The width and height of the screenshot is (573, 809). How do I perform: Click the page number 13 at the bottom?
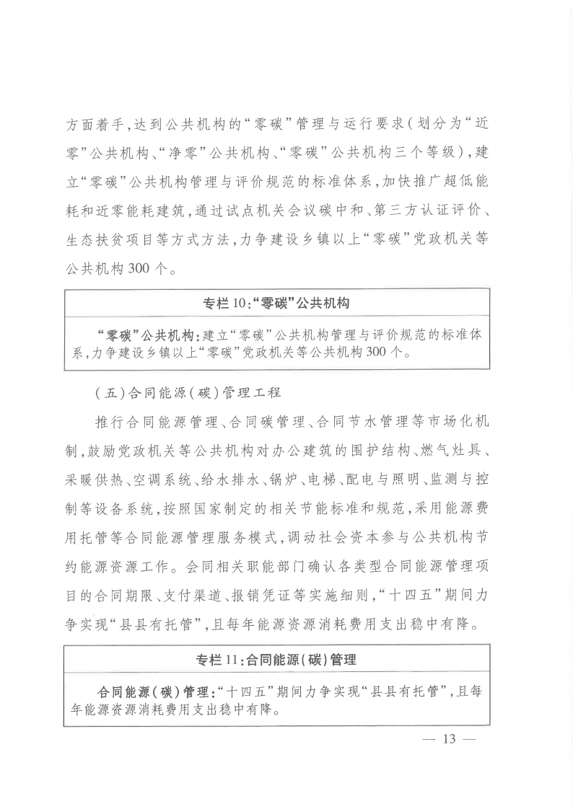451,738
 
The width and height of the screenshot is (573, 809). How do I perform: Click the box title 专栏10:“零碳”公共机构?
276,304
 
